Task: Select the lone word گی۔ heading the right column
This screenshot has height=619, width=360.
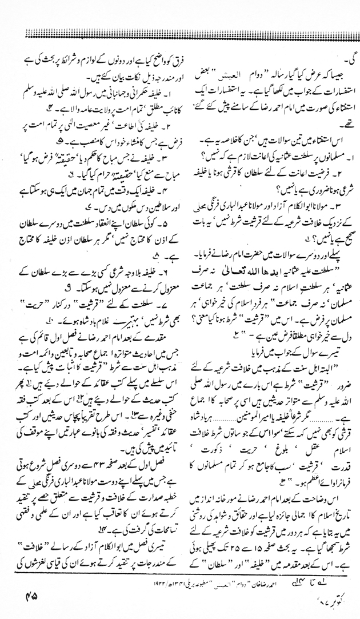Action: (x=343, y=58)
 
